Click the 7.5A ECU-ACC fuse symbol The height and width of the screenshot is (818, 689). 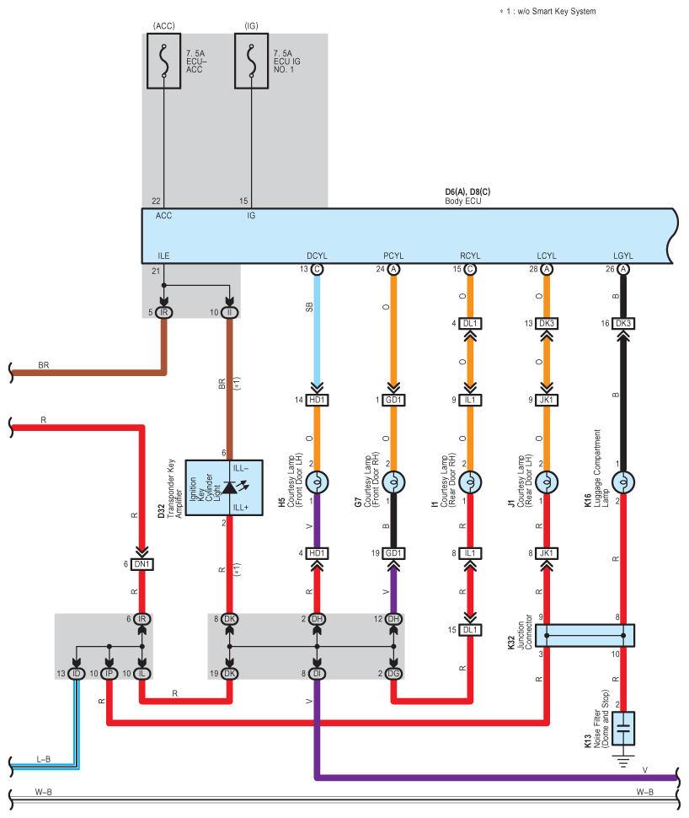point(163,61)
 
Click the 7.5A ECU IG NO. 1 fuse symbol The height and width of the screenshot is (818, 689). point(251,61)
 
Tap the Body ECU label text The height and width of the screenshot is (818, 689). point(462,201)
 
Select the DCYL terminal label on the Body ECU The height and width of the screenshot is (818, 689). point(317,256)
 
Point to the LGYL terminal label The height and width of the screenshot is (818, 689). point(622,256)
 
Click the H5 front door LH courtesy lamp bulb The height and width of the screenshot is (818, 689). point(317,482)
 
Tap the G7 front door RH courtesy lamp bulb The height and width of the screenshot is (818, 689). point(393,482)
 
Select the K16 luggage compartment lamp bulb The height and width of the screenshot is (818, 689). point(622,482)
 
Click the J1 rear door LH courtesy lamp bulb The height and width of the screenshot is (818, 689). point(547,482)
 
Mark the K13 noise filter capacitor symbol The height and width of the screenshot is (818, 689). point(622,729)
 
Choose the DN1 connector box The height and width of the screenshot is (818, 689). point(142,564)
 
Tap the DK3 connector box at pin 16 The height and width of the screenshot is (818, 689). point(622,324)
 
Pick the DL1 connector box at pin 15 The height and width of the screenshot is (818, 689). point(470,630)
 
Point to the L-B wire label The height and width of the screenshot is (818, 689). point(43,759)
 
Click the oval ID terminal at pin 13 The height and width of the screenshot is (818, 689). point(77,674)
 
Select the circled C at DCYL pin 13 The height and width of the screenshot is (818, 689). point(317,269)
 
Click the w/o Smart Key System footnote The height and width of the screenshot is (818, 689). point(547,11)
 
